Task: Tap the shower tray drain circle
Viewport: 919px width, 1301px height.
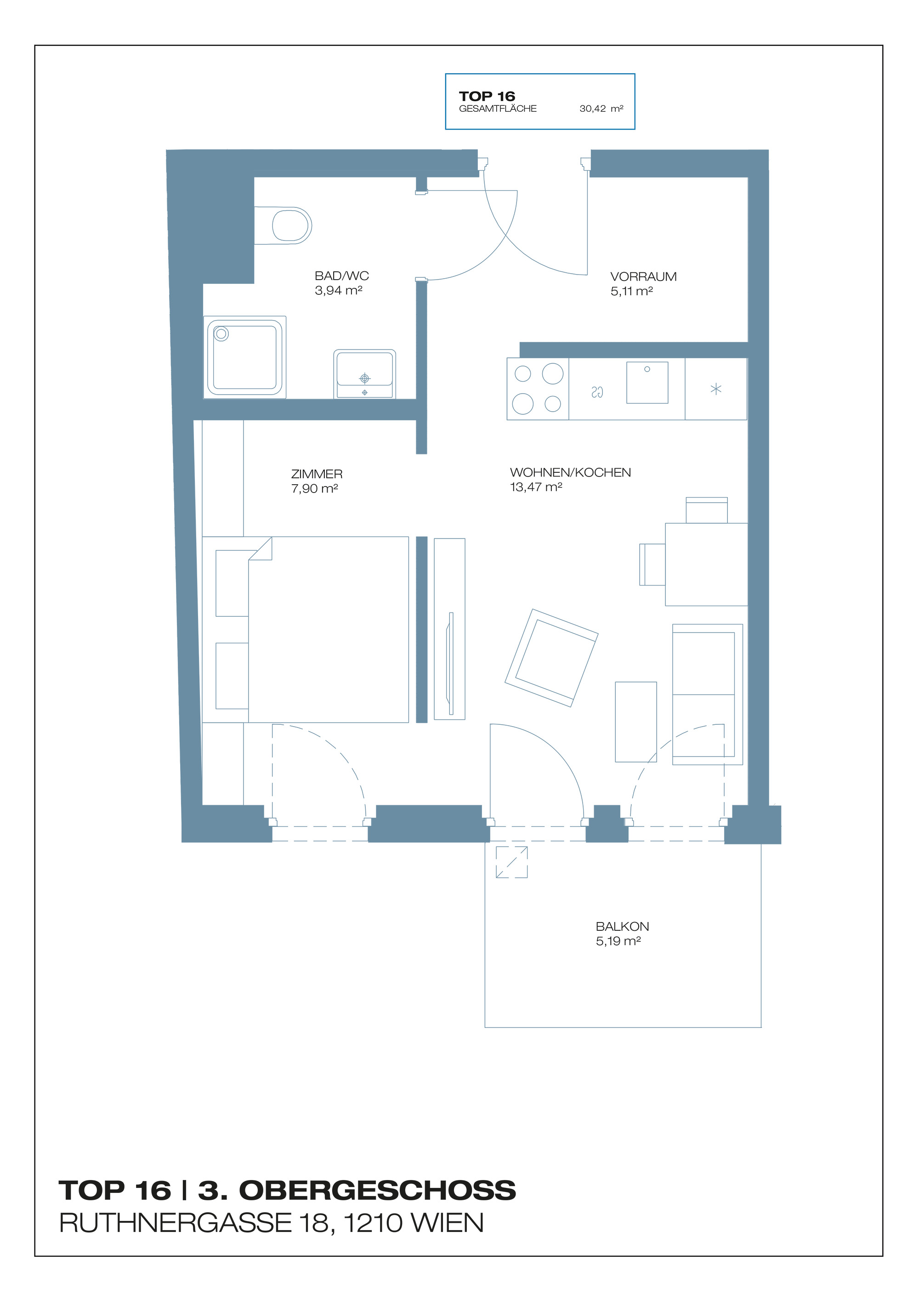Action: coord(221,334)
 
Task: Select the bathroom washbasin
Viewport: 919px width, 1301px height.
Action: coord(365,374)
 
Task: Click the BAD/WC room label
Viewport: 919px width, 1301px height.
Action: coord(342,276)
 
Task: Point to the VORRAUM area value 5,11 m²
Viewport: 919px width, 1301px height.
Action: coord(632,291)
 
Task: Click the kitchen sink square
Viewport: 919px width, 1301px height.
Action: coord(647,383)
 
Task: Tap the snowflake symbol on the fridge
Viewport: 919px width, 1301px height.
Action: coord(716,389)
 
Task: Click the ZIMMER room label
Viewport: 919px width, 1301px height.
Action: coord(317,474)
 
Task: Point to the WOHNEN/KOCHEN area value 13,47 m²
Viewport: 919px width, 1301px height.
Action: coord(536,487)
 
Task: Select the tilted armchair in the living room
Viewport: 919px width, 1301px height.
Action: coord(551,659)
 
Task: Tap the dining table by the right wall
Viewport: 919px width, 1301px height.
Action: coord(707,564)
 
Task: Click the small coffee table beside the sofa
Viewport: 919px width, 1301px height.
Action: coord(636,722)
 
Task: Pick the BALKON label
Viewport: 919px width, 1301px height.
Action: coord(622,927)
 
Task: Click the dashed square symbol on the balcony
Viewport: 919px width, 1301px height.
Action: coord(512,862)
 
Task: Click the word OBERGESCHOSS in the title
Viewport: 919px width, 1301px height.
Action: coord(378,1191)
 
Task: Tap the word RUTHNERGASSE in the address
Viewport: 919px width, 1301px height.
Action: coord(176,1223)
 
